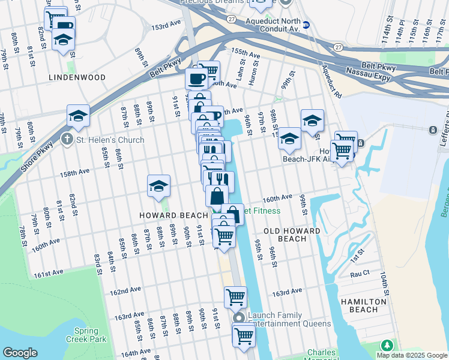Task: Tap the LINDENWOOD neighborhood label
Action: [77, 77]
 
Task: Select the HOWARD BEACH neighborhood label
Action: [173, 215]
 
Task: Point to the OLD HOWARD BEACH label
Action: [292, 235]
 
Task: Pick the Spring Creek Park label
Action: [90, 335]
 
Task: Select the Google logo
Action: [20, 353]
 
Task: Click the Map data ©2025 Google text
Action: [411, 355]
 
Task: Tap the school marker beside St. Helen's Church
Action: [78, 116]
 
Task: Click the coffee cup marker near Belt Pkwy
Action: [196, 79]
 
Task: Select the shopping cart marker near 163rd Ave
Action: [235, 296]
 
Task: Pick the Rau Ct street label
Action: [360, 274]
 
